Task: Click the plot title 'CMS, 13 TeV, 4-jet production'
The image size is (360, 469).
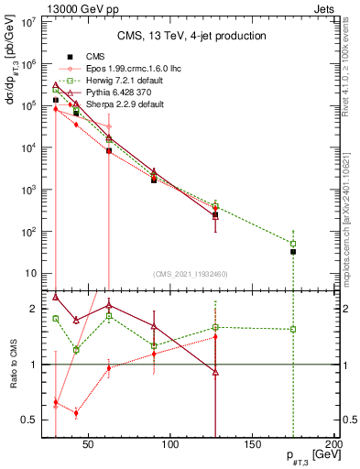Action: coord(191,36)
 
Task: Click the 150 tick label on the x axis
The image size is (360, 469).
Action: coord(253,445)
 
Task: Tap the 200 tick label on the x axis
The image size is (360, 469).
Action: coord(334,445)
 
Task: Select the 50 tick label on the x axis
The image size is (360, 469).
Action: coord(88,445)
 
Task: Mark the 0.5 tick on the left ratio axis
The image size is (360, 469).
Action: coord(29,420)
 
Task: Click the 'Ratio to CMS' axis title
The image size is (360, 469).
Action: coord(14,365)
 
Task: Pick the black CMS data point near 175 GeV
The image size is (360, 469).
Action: coord(293,251)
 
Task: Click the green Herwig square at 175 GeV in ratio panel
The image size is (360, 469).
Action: coord(293,329)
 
